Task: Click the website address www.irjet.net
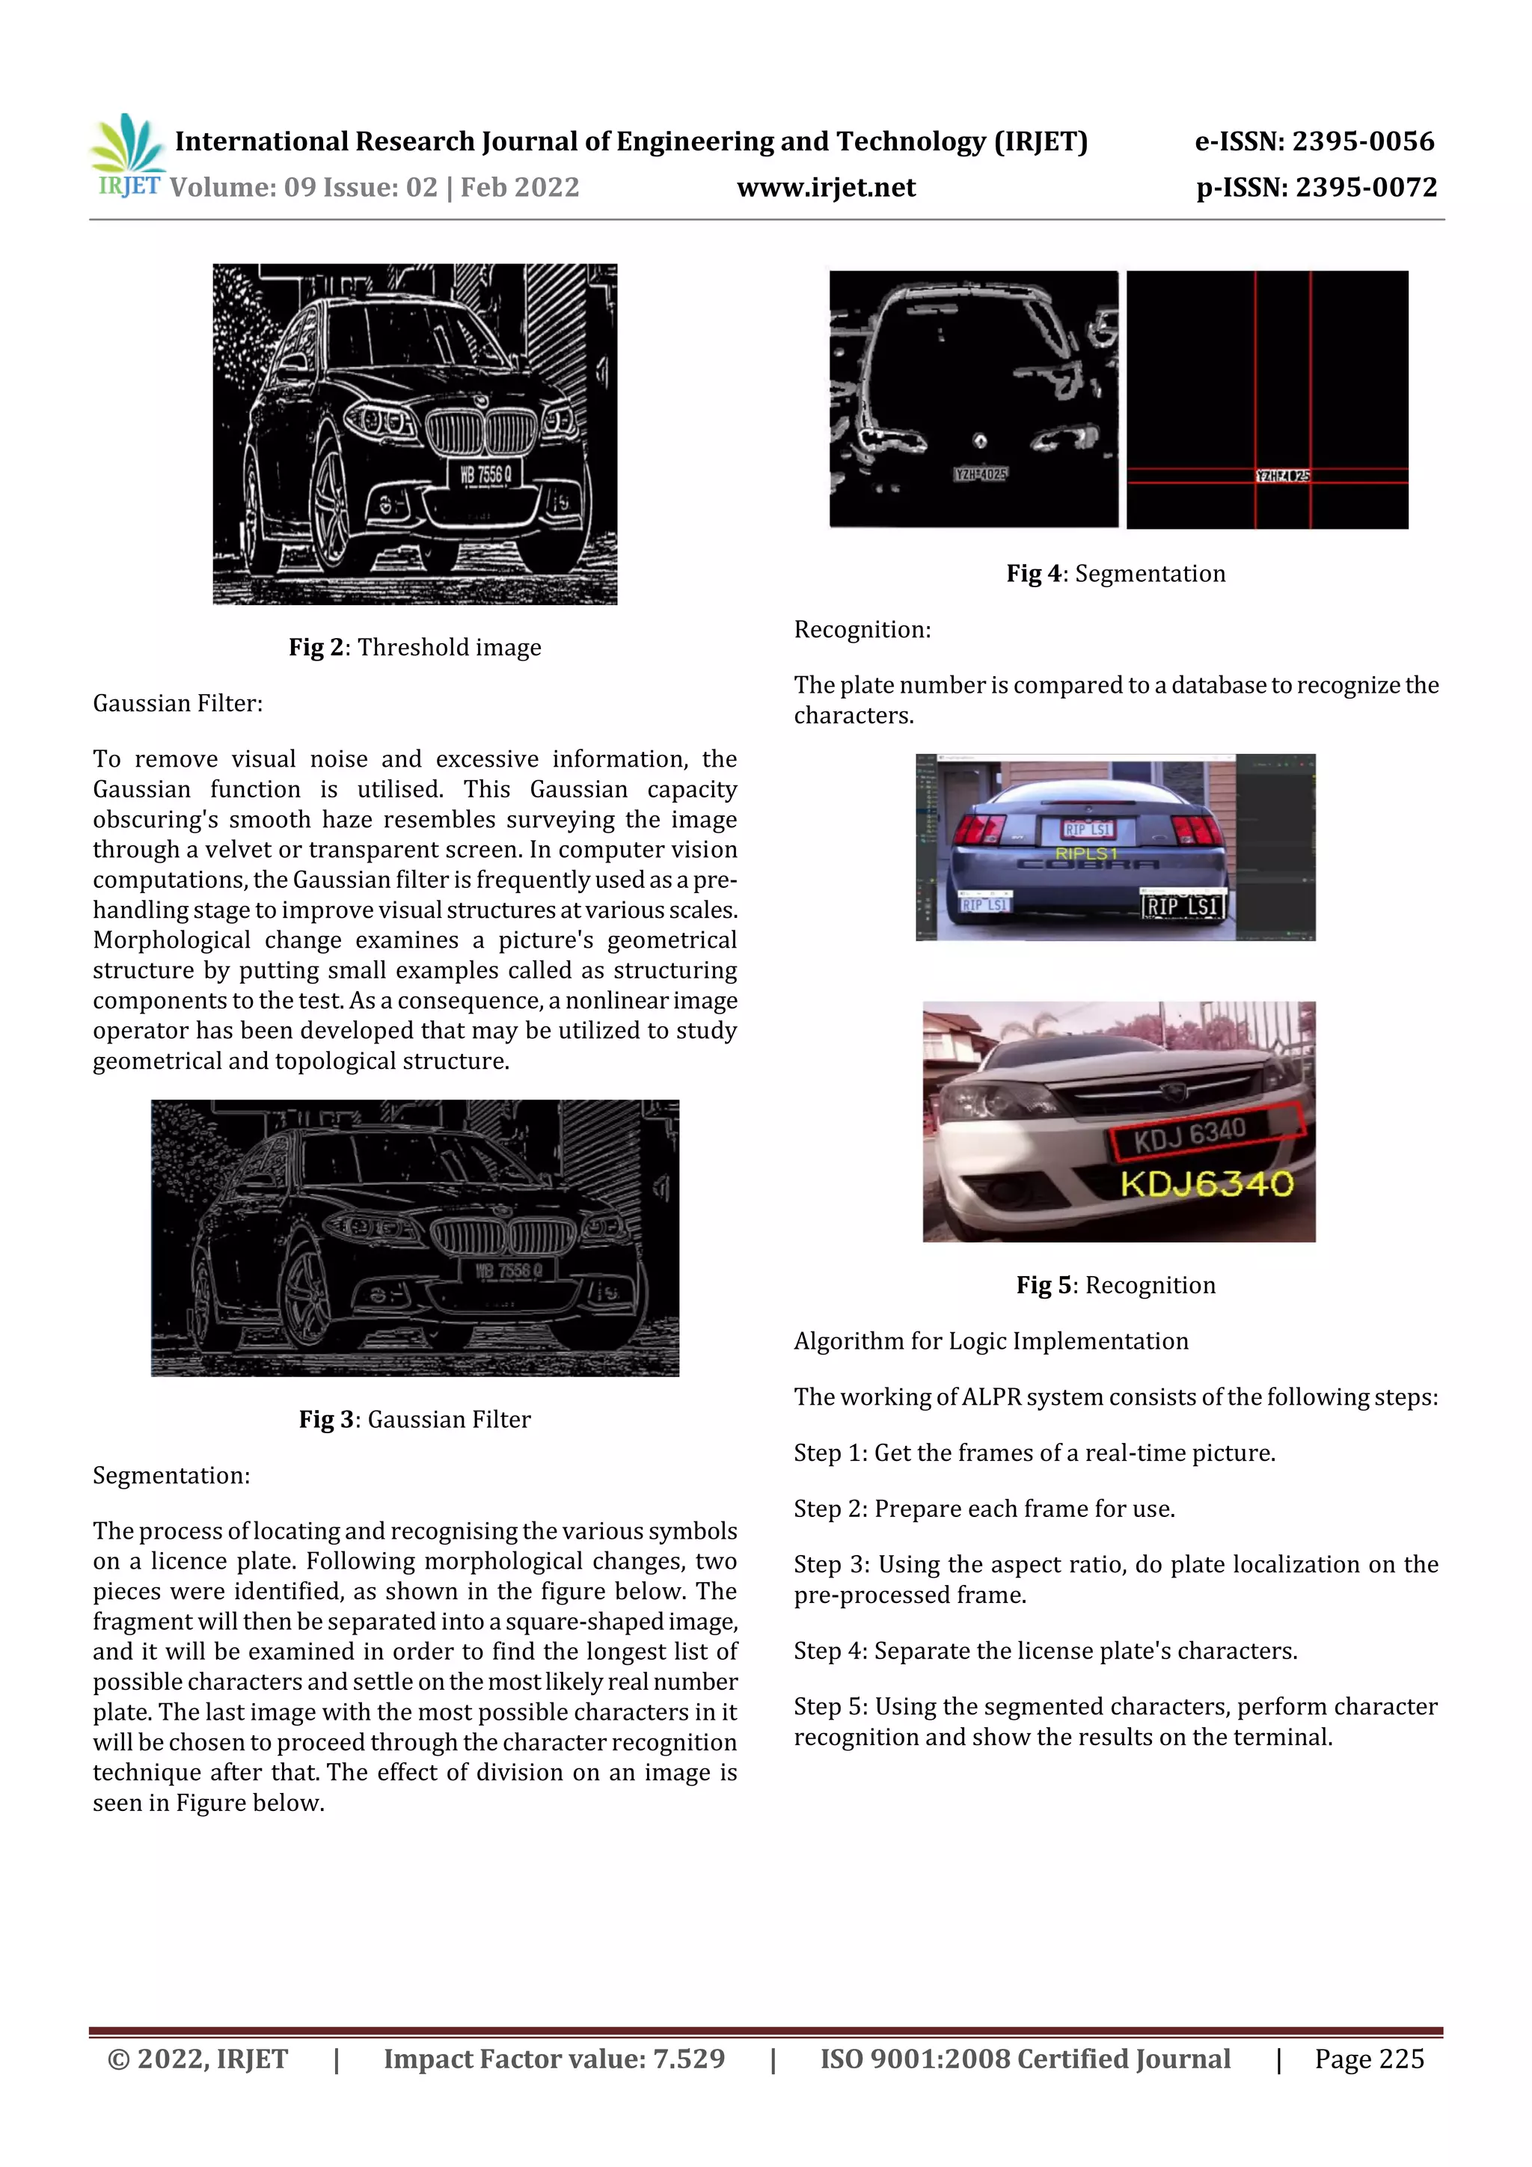pyautogui.click(x=826, y=187)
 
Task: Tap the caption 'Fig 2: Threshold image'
pyautogui.click(x=414, y=648)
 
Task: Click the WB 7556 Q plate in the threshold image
pyautogui.click(x=485, y=475)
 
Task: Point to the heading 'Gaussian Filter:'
pyautogui.click(x=177, y=703)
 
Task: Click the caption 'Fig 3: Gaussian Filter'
pyautogui.click(x=414, y=1420)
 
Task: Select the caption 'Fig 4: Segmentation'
pyautogui.click(x=1116, y=574)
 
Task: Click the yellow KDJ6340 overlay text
pyautogui.click(x=1207, y=1183)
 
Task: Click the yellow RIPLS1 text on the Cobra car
pyautogui.click(x=1085, y=853)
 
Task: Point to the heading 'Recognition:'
pyautogui.click(x=862, y=630)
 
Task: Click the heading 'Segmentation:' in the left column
pyautogui.click(x=171, y=1475)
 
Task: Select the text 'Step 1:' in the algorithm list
pyautogui.click(x=830, y=1453)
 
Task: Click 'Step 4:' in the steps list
pyautogui.click(x=830, y=1651)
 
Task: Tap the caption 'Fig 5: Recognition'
pyautogui.click(x=1116, y=1286)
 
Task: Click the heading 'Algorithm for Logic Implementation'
pyautogui.click(x=990, y=1341)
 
